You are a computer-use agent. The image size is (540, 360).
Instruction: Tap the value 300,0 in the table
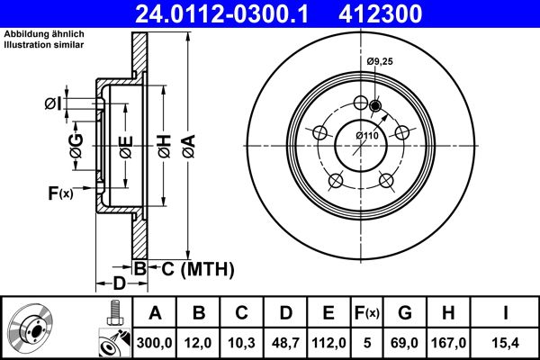155,341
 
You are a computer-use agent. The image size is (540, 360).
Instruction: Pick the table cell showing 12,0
199,341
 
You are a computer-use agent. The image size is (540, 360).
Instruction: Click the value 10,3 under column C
242,341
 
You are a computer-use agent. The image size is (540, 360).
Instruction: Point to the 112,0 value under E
329,341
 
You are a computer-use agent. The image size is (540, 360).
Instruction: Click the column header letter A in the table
155,312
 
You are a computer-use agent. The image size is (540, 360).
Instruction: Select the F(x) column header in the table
367,312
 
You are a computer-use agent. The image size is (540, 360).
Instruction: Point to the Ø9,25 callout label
381,61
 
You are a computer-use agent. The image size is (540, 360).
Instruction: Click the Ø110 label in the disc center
366,135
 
